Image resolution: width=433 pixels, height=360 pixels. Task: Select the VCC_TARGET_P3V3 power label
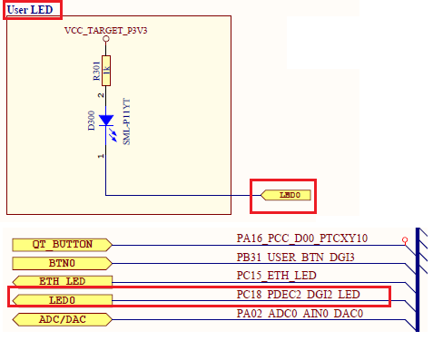pyautogui.click(x=107, y=31)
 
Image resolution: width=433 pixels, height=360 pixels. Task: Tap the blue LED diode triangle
pyautogui.click(x=107, y=120)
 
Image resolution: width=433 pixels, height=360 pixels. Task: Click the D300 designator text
pyautogui.click(x=91, y=122)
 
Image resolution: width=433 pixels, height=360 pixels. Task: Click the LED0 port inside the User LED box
pyautogui.click(x=286, y=194)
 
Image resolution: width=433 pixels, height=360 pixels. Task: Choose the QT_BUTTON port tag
pyautogui.click(x=63, y=244)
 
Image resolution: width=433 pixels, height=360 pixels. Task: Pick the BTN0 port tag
pyautogui.click(x=63, y=263)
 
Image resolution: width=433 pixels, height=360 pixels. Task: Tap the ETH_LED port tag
pyautogui.click(x=63, y=281)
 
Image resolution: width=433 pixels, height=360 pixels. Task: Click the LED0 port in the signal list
pyautogui.click(x=63, y=300)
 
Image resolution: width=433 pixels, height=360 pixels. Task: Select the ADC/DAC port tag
pyautogui.click(x=63, y=319)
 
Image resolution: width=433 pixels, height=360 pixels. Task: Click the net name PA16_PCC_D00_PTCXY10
pyautogui.click(x=302, y=238)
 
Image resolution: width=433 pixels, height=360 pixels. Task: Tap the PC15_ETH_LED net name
pyautogui.click(x=277, y=276)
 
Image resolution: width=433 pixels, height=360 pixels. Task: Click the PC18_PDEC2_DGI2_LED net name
pyautogui.click(x=300, y=295)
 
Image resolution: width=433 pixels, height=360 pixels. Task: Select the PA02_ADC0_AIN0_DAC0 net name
pyautogui.click(x=300, y=314)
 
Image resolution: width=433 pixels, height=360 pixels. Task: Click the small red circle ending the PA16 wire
pyautogui.click(x=403, y=243)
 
